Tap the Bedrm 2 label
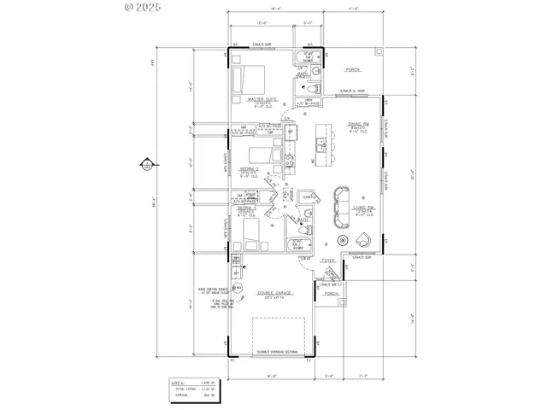tap(248, 170)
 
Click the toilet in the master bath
tap(312, 88)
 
